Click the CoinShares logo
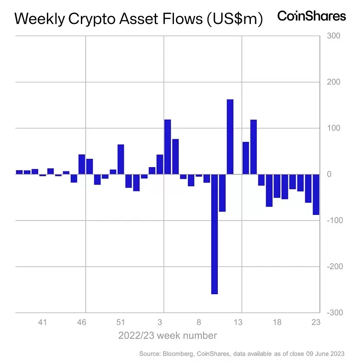point(311,16)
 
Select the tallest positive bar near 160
point(230,137)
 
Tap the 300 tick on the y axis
point(334,36)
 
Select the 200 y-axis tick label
point(334,82)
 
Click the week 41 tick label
point(43,322)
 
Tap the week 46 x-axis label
point(82,322)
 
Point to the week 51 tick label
point(121,322)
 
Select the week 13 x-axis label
point(238,322)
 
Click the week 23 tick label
point(316,322)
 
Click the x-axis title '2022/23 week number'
point(167,335)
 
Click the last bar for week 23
point(316,194)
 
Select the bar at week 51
point(121,159)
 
